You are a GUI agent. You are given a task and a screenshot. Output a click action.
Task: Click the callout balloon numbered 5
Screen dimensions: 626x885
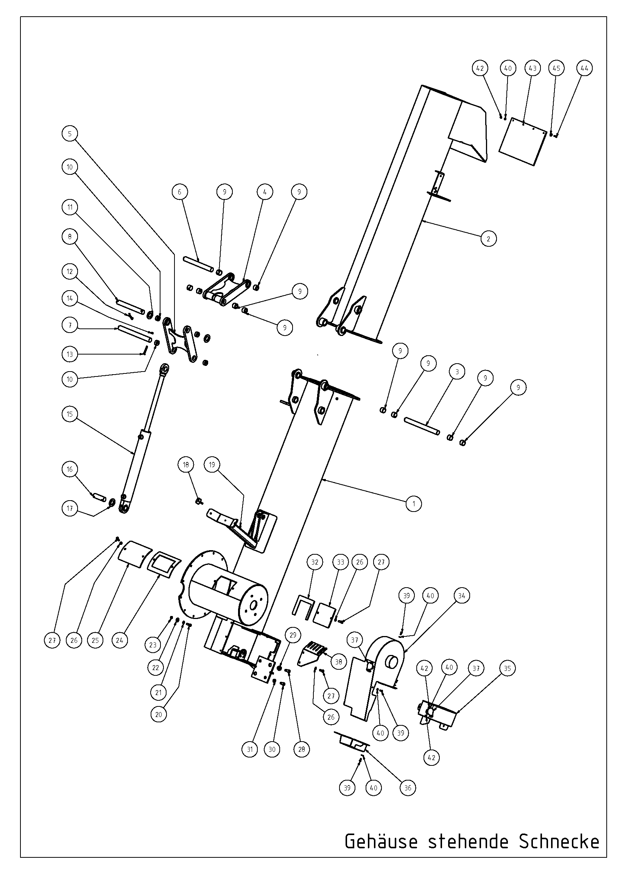pyautogui.click(x=70, y=134)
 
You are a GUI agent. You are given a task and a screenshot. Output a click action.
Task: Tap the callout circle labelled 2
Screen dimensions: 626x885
pyautogui.click(x=488, y=239)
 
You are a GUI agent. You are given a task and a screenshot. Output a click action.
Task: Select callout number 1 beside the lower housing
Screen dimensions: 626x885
pyautogui.click(x=414, y=503)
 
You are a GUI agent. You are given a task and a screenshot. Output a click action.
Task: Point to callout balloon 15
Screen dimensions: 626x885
pyautogui.click(x=70, y=414)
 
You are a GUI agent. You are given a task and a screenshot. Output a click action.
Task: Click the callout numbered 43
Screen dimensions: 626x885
pyautogui.click(x=533, y=68)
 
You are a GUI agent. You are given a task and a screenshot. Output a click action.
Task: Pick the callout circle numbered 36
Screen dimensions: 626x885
pyautogui.click(x=408, y=788)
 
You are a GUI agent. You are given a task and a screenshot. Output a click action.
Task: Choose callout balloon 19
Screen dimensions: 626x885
pyautogui.click(x=212, y=465)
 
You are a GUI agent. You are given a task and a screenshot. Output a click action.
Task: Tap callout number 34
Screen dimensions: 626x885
pyautogui.click(x=461, y=596)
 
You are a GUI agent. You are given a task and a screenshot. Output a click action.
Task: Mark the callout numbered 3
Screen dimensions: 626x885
pyautogui.click(x=457, y=372)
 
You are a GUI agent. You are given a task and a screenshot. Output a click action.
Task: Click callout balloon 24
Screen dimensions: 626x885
pyautogui.click(x=120, y=641)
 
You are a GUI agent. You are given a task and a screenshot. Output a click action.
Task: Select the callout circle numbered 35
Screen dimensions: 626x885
pyautogui.click(x=507, y=668)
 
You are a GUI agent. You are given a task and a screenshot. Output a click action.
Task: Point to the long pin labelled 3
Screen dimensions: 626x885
pyautogui.click(x=422, y=426)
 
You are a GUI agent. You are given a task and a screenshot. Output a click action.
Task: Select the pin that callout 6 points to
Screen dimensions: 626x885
pyautogui.click(x=199, y=264)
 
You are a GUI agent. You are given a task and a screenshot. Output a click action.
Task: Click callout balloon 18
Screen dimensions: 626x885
pyautogui.click(x=186, y=465)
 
